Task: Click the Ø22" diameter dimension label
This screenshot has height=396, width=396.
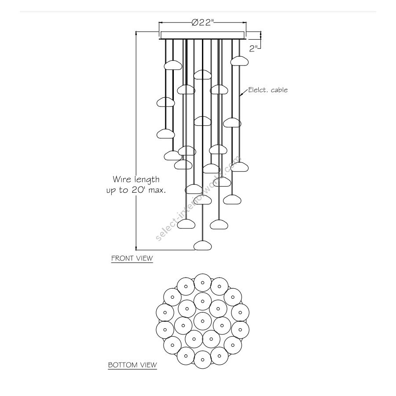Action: (x=202, y=22)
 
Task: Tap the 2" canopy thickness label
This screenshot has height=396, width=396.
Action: (x=253, y=48)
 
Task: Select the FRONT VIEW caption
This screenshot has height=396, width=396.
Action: (x=132, y=258)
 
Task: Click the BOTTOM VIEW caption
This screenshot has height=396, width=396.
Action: (x=132, y=365)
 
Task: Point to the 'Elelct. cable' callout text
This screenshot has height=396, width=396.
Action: (x=268, y=90)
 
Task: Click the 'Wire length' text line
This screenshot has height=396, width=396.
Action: (x=136, y=180)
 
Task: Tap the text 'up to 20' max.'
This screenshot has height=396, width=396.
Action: (x=136, y=190)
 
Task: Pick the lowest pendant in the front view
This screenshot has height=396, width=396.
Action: (x=202, y=246)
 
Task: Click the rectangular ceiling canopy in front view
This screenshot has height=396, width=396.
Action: (x=202, y=35)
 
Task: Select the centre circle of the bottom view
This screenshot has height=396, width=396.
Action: (x=202, y=321)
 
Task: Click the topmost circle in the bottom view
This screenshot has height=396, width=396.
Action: (x=202, y=282)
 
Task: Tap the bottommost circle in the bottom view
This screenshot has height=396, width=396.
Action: (x=202, y=359)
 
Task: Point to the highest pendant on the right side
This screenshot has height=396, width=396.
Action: (x=239, y=61)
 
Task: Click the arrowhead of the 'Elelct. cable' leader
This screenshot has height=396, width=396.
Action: (x=241, y=95)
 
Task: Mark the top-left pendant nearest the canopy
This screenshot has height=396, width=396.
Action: (x=173, y=65)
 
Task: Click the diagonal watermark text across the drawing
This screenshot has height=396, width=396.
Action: (x=198, y=199)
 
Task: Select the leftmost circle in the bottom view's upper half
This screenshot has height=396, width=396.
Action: (x=165, y=312)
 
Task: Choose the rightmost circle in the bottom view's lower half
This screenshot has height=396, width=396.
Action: (x=240, y=330)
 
